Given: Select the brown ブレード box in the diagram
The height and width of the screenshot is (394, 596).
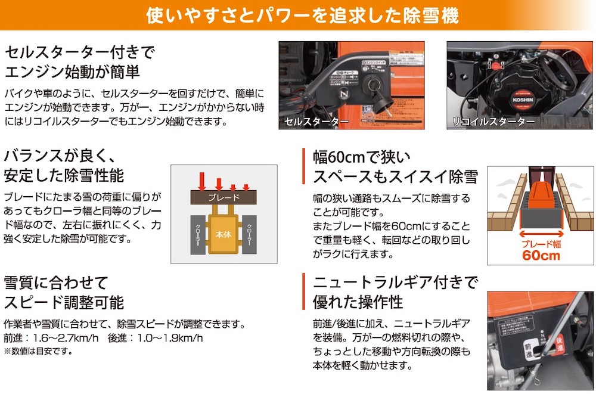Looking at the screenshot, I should (x=223, y=197).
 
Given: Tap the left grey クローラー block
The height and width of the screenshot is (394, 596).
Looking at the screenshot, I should (x=198, y=234).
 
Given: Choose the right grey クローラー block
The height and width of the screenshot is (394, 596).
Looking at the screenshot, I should (x=249, y=234).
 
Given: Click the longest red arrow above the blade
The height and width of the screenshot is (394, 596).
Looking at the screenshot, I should (x=202, y=180).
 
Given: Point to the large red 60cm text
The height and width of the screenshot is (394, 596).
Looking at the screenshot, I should (x=541, y=256).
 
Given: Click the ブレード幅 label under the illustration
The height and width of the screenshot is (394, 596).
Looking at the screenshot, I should (x=541, y=244).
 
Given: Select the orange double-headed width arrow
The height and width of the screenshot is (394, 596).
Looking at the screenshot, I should (x=540, y=234).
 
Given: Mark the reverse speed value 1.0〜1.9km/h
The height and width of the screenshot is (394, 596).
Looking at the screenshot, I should (x=169, y=338).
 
